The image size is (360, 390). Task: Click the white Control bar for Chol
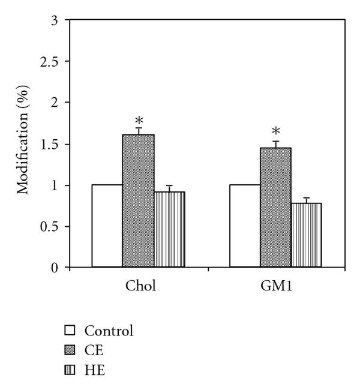pyautogui.click(x=107, y=226)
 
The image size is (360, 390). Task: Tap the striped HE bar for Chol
pyautogui.click(x=169, y=229)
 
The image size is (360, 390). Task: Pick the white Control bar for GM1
pyautogui.click(x=245, y=226)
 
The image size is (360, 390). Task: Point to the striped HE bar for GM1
pyautogui.click(x=306, y=235)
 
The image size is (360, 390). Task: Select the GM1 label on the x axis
pyautogui.click(x=275, y=286)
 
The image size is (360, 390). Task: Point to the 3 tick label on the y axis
pyautogui.click(x=55, y=20)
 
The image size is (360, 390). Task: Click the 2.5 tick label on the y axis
pyautogui.click(x=50, y=62)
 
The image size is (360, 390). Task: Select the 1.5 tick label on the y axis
pyautogui.click(x=50, y=144)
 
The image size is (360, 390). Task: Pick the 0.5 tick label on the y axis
pyautogui.click(x=50, y=226)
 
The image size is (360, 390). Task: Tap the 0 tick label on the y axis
pyautogui.click(x=55, y=268)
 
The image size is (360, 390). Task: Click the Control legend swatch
pyautogui.click(x=70, y=331)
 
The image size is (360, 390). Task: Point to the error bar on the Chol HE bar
pyautogui.click(x=169, y=188)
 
